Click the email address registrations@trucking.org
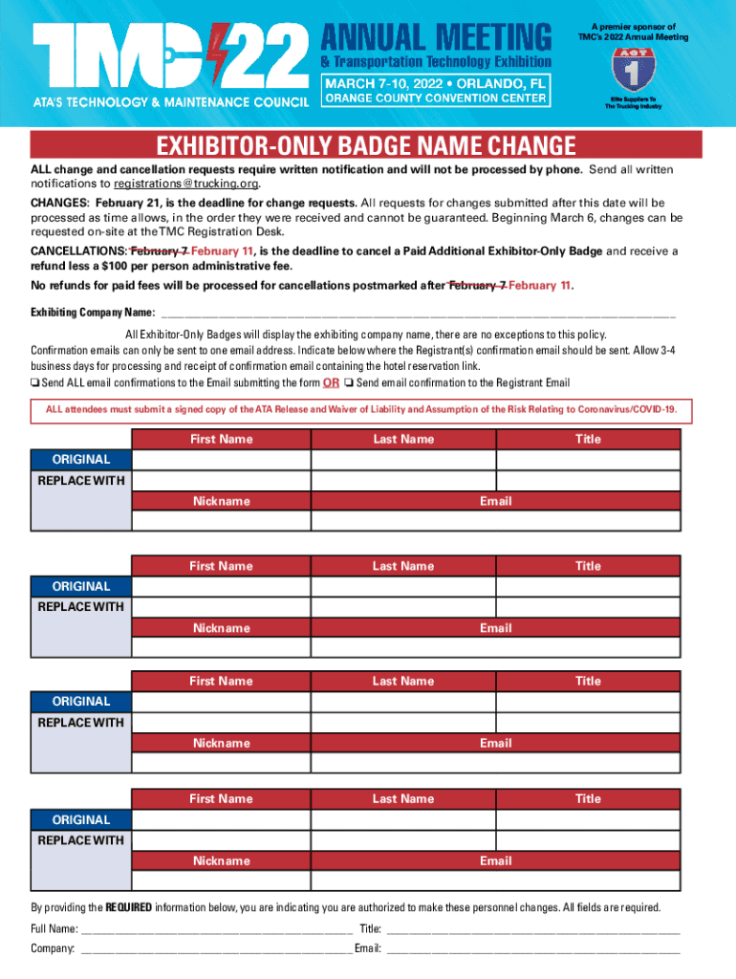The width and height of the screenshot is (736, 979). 186,183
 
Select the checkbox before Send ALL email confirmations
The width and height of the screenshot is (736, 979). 35,383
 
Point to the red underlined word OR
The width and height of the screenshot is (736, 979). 331,383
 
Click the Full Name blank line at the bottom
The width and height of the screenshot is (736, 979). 216,928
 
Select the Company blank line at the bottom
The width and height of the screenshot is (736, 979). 216,948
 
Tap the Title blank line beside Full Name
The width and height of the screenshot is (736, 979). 532,928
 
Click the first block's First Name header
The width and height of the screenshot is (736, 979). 221,439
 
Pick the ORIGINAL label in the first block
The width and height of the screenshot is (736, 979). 80,459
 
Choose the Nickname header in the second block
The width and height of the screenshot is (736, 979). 221,628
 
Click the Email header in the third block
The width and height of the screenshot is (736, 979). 495,743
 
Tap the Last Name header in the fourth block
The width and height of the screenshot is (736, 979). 402,798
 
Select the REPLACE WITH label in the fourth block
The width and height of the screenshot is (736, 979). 80,840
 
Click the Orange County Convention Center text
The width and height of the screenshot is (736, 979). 437,98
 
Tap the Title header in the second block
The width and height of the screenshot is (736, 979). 588,566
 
